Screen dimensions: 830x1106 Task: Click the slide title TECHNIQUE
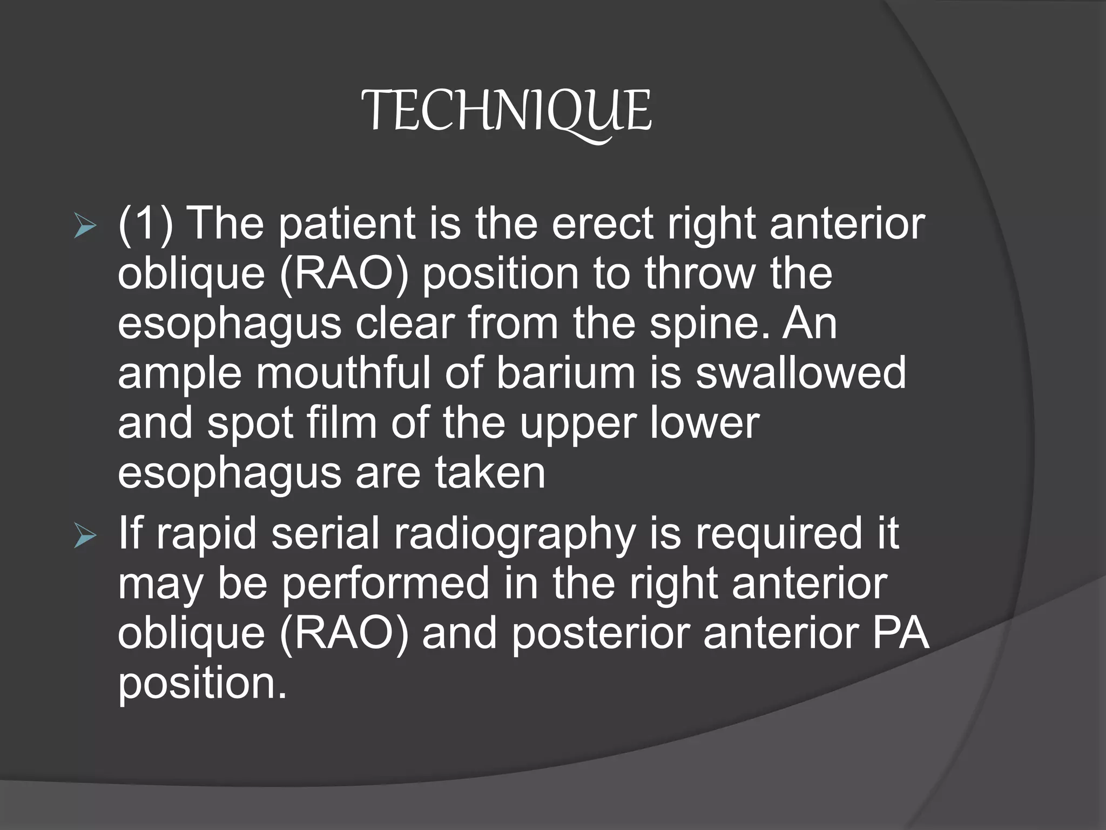(x=506, y=112)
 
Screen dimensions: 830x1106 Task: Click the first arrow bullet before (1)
(x=85, y=227)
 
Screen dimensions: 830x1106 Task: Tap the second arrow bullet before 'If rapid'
(x=85, y=537)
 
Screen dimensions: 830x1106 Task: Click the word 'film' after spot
(x=341, y=423)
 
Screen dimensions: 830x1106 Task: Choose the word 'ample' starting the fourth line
(x=179, y=374)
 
